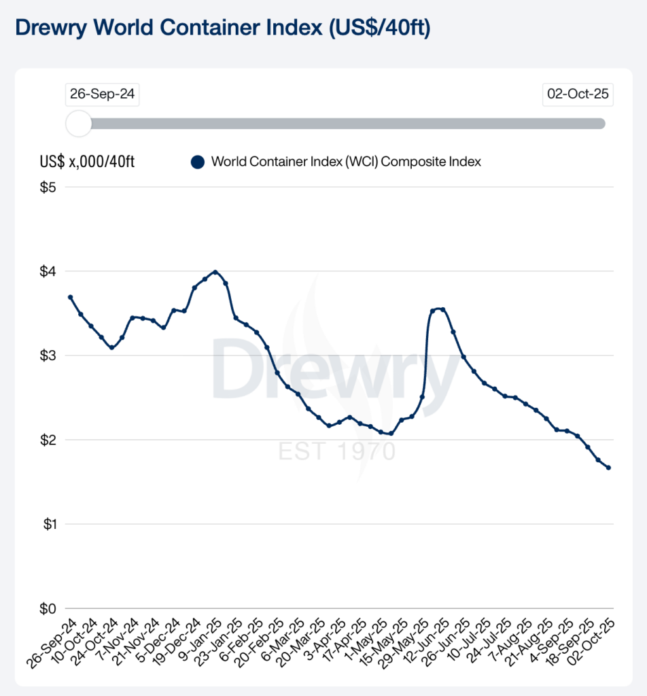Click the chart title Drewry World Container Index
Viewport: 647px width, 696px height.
click(222, 29)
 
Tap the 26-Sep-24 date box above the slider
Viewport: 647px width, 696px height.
click(102, 94)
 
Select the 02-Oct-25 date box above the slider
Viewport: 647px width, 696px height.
click(578, 94)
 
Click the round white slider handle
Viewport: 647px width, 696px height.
click(79, 124)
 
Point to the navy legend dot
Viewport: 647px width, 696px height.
click(198, 162)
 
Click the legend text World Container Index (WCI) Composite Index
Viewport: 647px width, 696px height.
click(346, 162)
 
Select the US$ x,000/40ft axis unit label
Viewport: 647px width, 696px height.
click(87, 162)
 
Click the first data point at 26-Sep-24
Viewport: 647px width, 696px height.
click(70, 297)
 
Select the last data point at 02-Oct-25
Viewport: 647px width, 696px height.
click(608, 468)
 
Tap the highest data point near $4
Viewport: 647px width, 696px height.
click(215, 272)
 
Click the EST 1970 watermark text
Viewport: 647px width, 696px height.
click(337, 451)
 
